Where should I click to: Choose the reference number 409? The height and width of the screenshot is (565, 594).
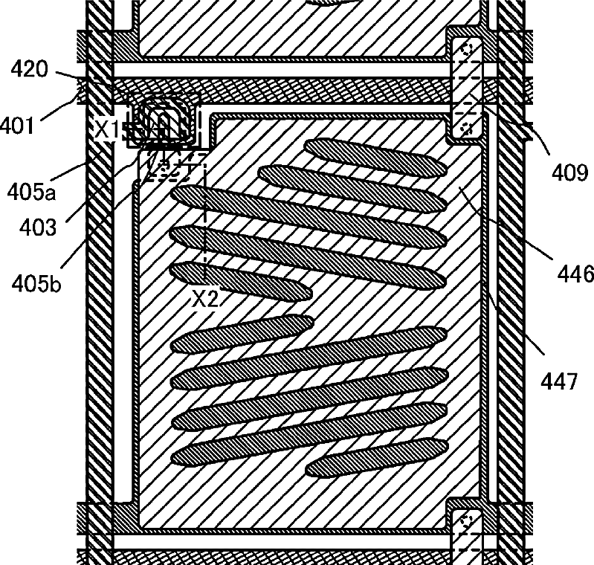pyautogui.click(x=568, y=174)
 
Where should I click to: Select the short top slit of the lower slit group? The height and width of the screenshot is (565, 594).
pyautogui.click(x=241, y=332)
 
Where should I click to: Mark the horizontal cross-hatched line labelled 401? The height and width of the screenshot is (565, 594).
pyautogui.click(x=297, y=91)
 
